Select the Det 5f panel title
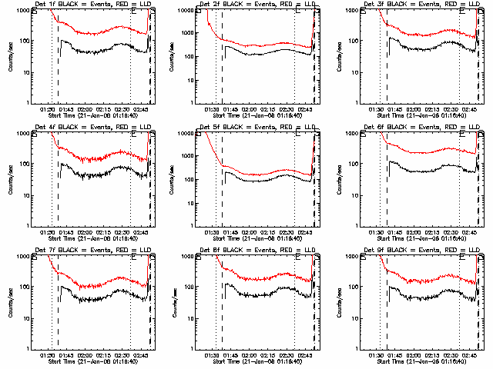click(258, 127)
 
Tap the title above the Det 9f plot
click(423, 250)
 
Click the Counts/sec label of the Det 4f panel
click(11, 179)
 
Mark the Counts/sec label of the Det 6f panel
click(340, 179)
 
